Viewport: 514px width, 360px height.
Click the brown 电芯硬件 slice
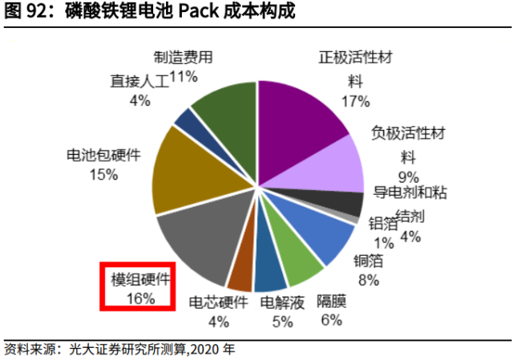241,272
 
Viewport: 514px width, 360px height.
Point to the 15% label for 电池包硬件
103,175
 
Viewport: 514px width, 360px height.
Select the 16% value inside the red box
139,298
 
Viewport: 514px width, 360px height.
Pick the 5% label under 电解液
281,322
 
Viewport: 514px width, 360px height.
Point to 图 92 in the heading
22,13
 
